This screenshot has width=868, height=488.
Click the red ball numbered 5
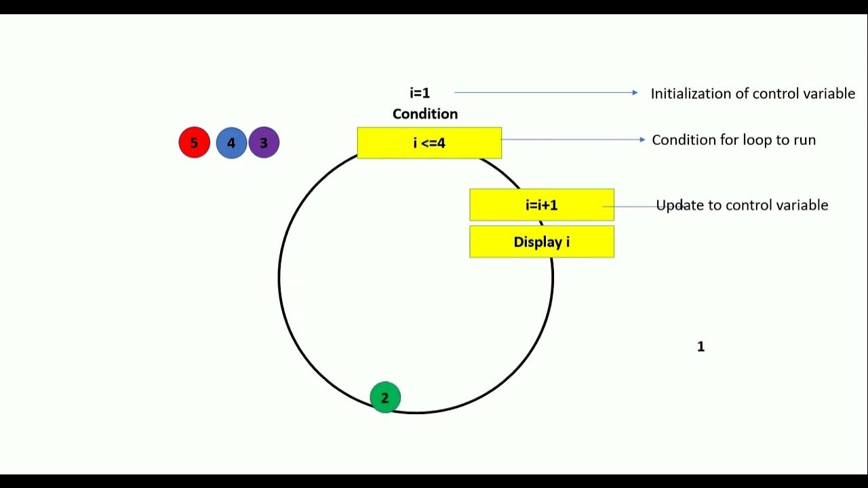(x=194, y=143)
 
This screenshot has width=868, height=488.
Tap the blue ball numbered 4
(x=231, y=143)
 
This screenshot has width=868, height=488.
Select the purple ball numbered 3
(x=264, y=143)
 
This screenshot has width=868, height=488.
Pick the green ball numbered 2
(x=385, y=398)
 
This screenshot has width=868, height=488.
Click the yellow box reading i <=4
(x=429, y=143)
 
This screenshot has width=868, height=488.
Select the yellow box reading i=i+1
(x=541, y=205)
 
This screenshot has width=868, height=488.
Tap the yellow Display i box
(x=541, y=242)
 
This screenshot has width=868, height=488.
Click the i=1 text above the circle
(x=420, y=93)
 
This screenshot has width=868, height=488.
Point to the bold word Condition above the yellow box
(x=425, y=114)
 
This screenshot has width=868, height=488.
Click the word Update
(x=680, y=205)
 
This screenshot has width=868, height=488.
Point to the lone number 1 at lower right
(x=701, y=347)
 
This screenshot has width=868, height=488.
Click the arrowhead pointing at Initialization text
(x=634, y=93)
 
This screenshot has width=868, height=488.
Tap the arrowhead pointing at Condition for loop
(x=642, y=140)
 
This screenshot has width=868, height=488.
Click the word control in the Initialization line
(x=771, y=94)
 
